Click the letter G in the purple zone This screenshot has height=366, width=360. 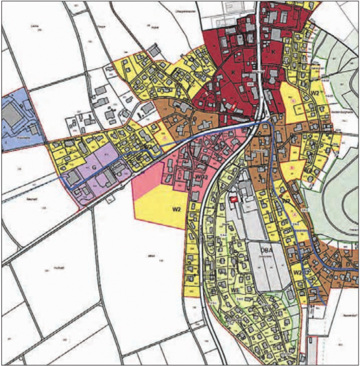(x=93, y=166)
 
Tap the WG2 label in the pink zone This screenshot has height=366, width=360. (x=200, y=176)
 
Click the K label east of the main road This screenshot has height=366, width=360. (x=273, y=51)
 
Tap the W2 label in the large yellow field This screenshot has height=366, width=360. (x=175, y=209)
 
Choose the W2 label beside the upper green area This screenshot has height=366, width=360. (x=315, y=93)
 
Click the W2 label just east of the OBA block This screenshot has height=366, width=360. (x=297, y=273)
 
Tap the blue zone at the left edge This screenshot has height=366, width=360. (x=19, y=136)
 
